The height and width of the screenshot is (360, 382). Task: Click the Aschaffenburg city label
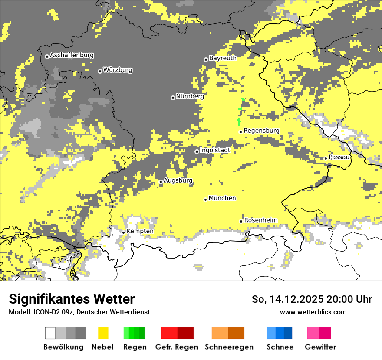72,56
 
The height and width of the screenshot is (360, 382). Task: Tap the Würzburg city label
118,70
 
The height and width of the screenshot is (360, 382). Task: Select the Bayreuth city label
223,58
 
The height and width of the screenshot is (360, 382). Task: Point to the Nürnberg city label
190,96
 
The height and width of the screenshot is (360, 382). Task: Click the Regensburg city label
261,131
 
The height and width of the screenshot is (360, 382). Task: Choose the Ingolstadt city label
215,150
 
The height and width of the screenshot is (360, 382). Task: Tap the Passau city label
339,157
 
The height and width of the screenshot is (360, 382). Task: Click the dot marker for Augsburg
161,182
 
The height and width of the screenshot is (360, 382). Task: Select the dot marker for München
205,200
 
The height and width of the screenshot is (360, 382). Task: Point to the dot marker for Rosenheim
241,221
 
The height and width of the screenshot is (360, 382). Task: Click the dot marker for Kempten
123,232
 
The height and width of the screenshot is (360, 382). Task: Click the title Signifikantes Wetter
72,299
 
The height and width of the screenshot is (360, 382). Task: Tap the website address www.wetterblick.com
313,312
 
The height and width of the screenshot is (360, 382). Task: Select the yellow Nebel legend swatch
103,333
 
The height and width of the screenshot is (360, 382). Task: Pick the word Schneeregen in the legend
229,347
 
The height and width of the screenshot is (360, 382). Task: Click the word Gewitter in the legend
320,347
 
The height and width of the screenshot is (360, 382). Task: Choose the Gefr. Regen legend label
177,347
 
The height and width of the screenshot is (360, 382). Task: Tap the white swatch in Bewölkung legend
50,333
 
